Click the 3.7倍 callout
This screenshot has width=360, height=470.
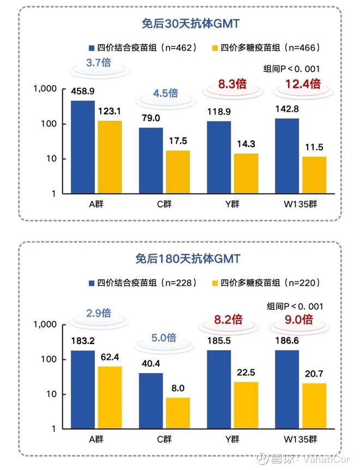pos(99,63)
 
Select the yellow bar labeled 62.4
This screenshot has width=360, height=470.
pos(110,397)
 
